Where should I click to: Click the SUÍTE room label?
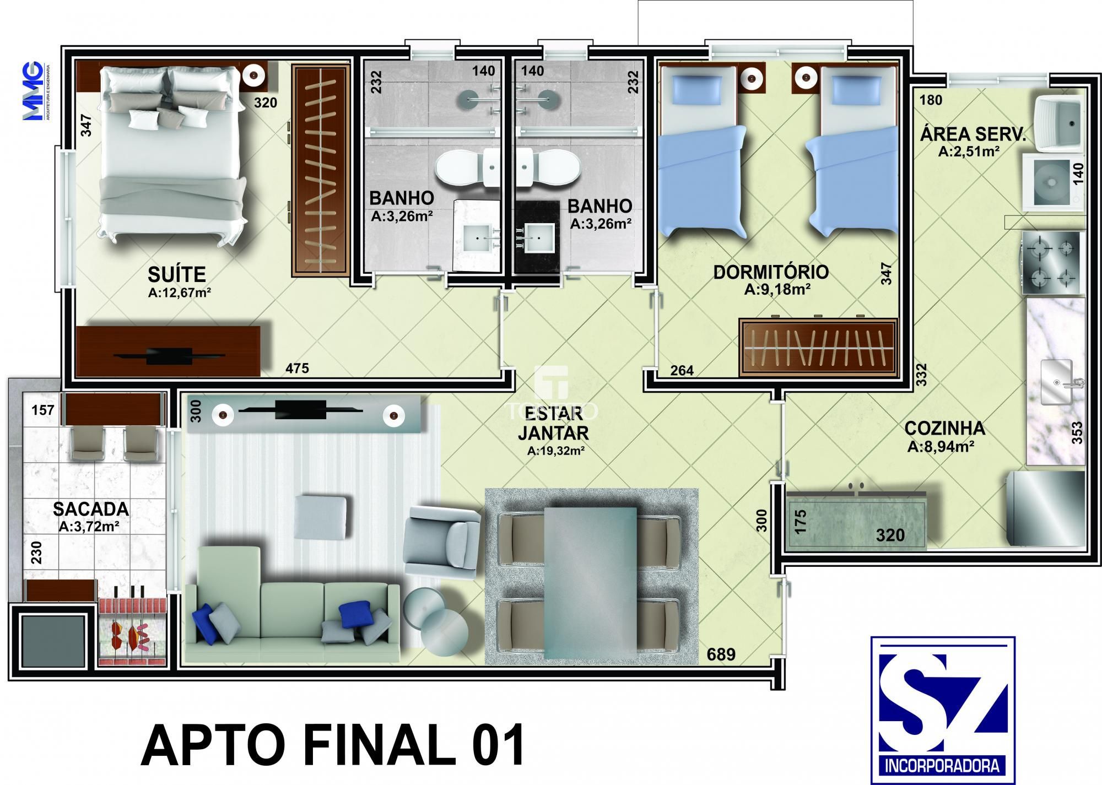pos(176,274)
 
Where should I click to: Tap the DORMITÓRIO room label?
pos(770,272)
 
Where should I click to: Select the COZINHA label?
pos(944,428)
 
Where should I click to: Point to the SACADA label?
pos(91,508)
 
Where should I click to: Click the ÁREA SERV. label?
pos(972,134)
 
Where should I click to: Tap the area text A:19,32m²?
pos(555,451)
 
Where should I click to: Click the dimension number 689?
pos(721,654)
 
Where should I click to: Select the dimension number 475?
pos(297,368)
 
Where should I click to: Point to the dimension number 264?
pos(682,370)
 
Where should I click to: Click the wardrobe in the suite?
pos(321,170)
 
